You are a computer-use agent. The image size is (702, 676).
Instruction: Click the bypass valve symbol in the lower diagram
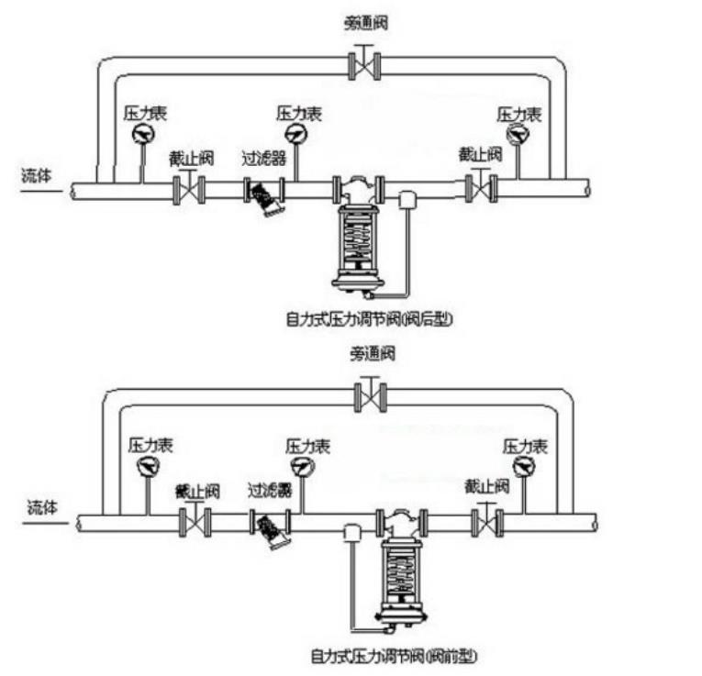coord(371,396)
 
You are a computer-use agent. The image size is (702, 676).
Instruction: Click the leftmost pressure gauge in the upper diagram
coord(142,136)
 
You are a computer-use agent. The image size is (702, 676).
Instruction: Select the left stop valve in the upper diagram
coord(189,189)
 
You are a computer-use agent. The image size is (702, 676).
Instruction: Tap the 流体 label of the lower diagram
coord(43,507)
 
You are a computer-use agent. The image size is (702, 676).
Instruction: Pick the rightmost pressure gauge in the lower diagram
coord(524,468)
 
